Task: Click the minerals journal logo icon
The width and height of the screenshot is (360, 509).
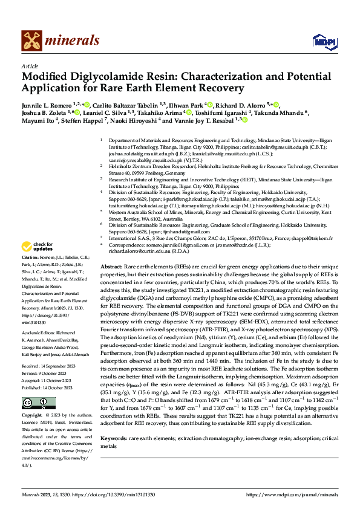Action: coord(31,41)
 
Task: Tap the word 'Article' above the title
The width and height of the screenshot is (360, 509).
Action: coord(29,66)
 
